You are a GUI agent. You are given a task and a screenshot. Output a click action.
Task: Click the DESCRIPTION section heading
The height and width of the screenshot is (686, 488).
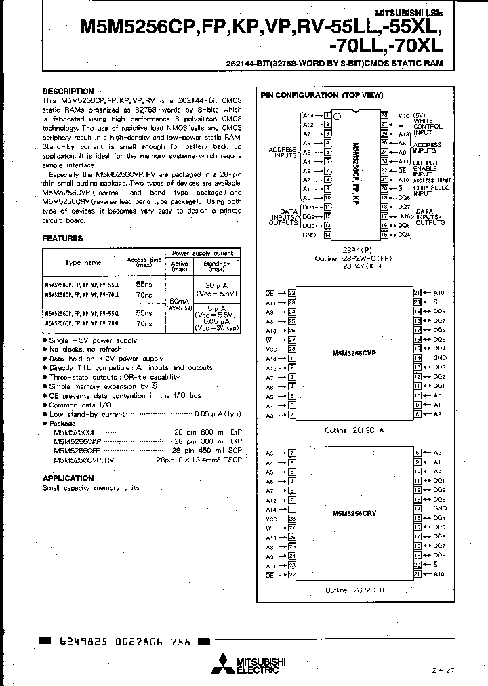(x=68, y=92)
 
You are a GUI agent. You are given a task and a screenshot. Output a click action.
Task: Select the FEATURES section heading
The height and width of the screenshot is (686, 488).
(x=62, y=239)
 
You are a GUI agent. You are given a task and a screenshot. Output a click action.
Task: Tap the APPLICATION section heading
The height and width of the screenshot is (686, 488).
(x=68, y=478)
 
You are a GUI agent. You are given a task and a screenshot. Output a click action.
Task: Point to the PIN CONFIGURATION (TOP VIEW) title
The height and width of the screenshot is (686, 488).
(x=322, y=96)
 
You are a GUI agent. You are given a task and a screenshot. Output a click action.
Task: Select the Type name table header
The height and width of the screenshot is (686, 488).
(x=83, y=262)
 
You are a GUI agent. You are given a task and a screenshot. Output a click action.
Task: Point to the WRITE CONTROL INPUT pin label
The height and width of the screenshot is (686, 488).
(x=428, y=127)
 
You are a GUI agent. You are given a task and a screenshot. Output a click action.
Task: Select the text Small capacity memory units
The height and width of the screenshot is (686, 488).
(x=91, y=488)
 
